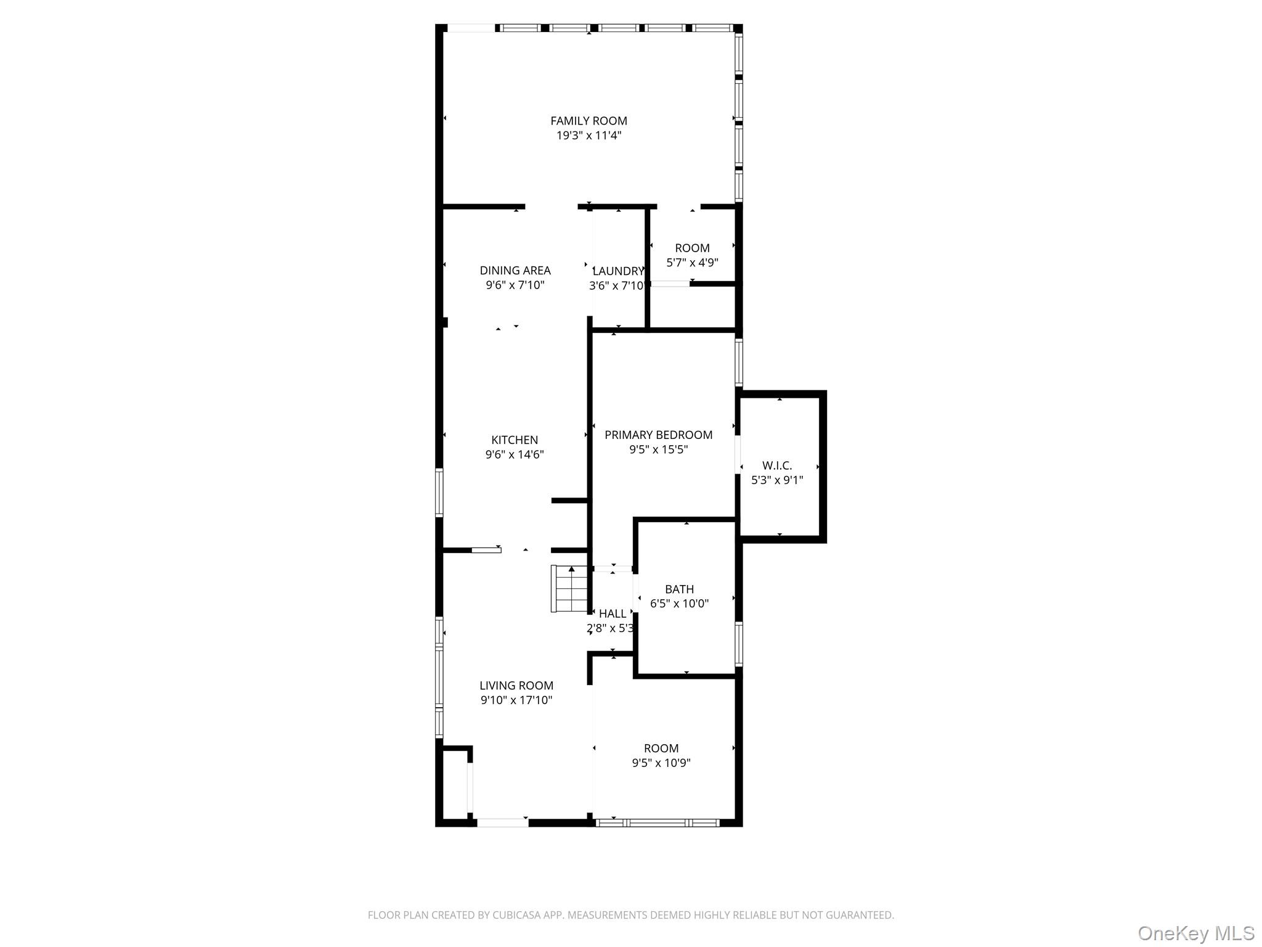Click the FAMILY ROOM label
[x=588, y=121]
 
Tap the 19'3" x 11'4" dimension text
[x=588, y=136]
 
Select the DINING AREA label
[x=515, y=271]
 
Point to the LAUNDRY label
[x=618, y=271]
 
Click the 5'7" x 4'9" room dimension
[x=692, y=263]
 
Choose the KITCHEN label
[x=515, y=440]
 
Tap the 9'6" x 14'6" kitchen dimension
[x=515, y=455]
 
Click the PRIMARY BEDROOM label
[x=658, y=435]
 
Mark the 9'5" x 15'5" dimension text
[x=658, y=450]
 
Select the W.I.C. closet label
[x=776, y=466]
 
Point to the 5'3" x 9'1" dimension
[x=776, y=480]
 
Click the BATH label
[x=679, y=589]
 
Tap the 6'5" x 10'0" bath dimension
[x=679, y=604]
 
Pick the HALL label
[x=613, y=614]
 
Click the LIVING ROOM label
[x=516, y=686]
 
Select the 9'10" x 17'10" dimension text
[x=516, y=700]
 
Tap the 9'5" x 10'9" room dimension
[x=661, y=763]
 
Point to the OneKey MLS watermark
[x=1195, y=933]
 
